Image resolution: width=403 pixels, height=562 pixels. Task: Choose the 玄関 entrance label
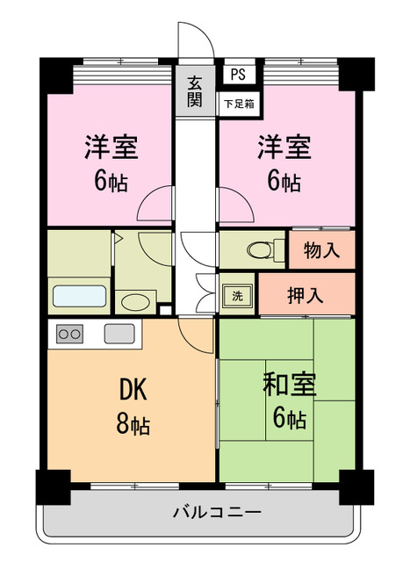point(194,90)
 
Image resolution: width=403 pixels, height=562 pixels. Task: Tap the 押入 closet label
point(306,295)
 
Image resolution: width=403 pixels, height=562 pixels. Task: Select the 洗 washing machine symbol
point(237,296)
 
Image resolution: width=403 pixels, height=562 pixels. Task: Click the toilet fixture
point(263,249)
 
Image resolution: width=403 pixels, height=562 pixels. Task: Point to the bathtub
point(80,295)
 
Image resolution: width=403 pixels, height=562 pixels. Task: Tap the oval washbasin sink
point(135,303)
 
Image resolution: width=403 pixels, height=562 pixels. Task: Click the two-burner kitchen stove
point(70,334)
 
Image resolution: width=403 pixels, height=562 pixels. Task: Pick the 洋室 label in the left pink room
point(112,147)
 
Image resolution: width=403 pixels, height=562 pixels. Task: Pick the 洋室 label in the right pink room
point(283,147)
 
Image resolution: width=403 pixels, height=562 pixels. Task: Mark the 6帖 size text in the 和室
point(289,419)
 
